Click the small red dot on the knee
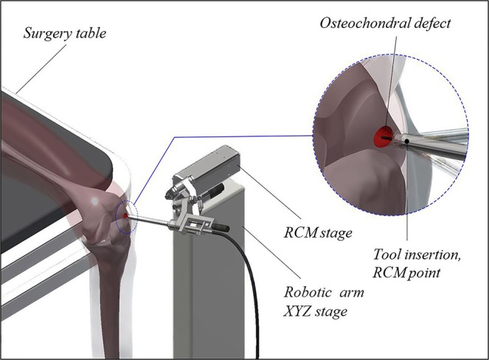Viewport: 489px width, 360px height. click(x=125, y=215)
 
